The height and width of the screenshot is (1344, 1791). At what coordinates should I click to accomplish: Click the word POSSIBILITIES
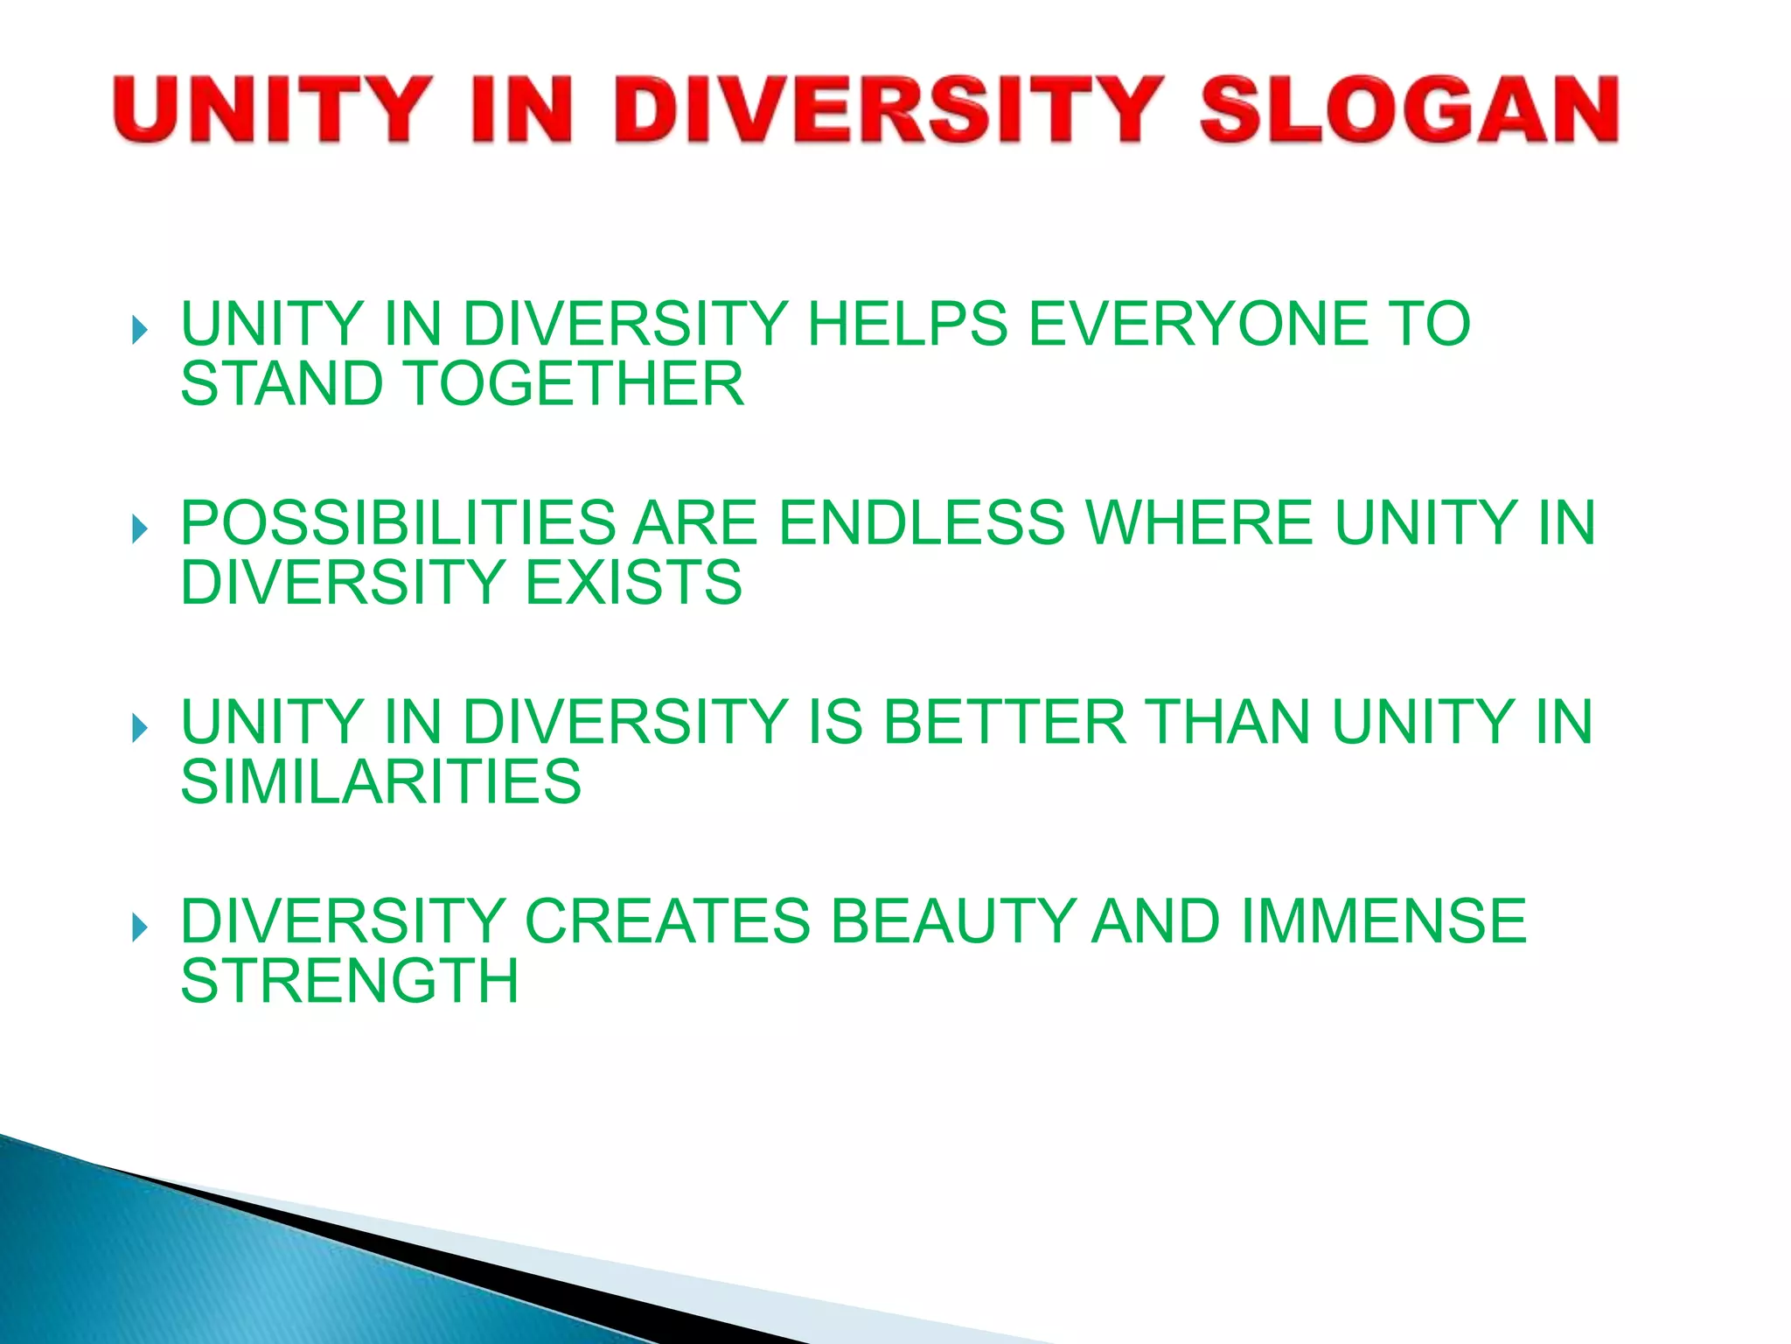point(398,522)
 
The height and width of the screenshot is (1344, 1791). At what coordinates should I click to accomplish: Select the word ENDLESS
point(922,522)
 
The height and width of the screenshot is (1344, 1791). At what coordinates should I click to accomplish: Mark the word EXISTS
point(634,582)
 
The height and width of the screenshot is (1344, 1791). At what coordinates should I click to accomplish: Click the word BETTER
point(1005,722)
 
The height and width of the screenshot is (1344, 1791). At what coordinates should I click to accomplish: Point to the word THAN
point(1229,722)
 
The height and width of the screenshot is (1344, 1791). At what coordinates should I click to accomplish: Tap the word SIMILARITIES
point(380,781)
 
